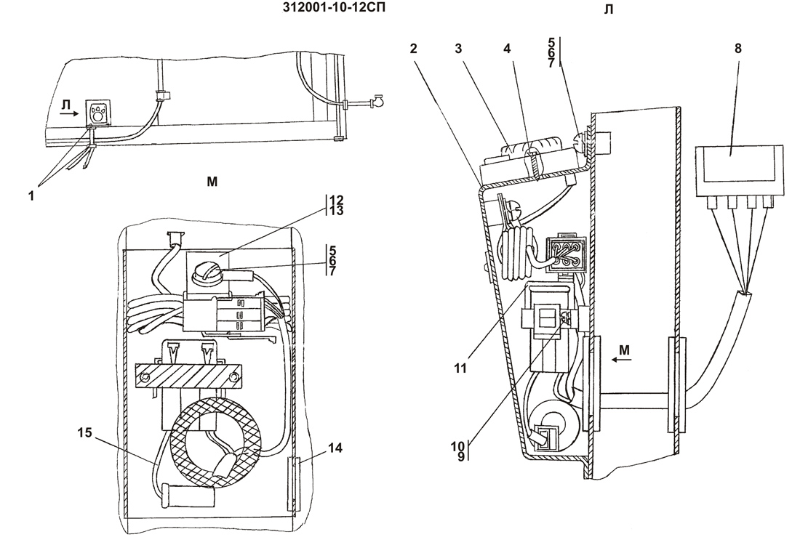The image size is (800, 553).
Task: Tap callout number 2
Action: [413, 49]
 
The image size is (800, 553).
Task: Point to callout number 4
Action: [507, 49]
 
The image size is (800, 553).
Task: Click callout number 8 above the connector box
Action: [738, 49]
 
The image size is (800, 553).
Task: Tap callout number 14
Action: [335, 448]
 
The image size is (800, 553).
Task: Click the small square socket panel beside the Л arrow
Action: [97, 113]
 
